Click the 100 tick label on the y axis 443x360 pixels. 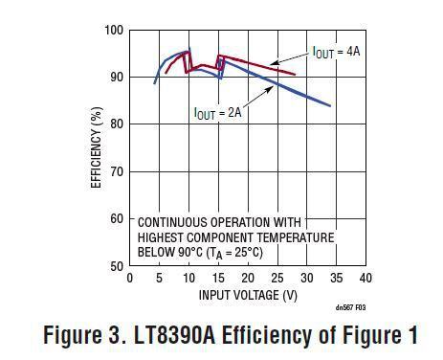click(x=113, y=31)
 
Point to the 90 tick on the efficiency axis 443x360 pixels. click(x=116, y=78)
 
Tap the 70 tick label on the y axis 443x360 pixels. click(x=116, y=171)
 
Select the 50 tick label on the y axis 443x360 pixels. click(x=116, y=265)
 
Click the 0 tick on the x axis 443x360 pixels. click(x=130, y=279)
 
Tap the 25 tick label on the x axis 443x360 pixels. click(x=277, y=279)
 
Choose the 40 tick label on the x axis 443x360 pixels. click(x=365, y=279)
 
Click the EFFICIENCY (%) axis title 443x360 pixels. click(x=96, y=147)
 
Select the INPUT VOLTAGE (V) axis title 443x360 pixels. click(x=248, y=294)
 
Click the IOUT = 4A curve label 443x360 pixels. click(x=336, y=52)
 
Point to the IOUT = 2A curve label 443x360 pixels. click(x=217, y=113)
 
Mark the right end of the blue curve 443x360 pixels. click(x=330, y=105)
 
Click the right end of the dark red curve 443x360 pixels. click(x=295, y=74)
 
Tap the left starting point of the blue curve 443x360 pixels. click(x=155, y=83)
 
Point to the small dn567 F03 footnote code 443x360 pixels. click(x=350, y=308)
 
